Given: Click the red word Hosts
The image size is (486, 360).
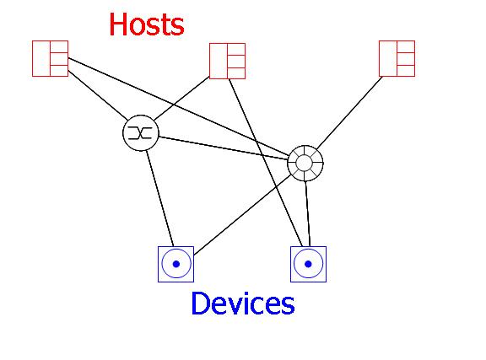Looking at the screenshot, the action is point(147,24).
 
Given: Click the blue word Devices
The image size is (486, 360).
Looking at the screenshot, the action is point(243,304).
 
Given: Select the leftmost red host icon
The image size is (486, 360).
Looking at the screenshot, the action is point(51,58).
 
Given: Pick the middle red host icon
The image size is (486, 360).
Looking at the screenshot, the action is point(228,61).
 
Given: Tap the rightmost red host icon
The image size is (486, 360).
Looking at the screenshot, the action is point(397,58).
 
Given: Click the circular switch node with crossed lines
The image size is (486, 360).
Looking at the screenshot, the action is point(141,133).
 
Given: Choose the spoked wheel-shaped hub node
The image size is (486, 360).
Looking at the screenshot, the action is point(305,163).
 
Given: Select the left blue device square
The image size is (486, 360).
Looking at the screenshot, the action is point(176,264).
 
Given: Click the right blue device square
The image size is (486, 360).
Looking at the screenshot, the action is point(309,264).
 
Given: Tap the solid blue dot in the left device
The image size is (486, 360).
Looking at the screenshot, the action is point(176,264).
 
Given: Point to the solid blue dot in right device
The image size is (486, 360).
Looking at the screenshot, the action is point(308,264).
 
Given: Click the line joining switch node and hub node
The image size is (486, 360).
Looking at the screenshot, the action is point(224,148).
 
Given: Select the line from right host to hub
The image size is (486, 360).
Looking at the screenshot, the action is point(349,112).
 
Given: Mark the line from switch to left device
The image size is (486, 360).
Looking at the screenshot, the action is point(160,198).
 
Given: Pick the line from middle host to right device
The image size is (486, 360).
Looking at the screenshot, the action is point(265,163).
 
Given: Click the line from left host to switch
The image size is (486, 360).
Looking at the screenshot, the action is point(98,95).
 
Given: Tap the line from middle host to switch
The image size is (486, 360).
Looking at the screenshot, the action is point(182,98).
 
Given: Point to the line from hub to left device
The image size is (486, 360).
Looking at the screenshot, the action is point(242,214).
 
